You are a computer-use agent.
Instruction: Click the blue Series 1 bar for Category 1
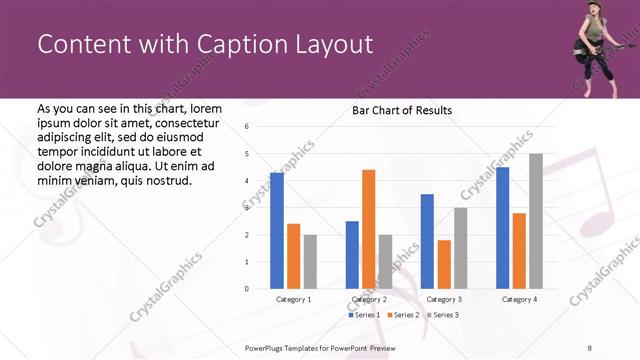(277, 231)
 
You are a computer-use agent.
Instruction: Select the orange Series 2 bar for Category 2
(368, 229)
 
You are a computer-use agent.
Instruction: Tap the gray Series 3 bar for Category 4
(536, 221)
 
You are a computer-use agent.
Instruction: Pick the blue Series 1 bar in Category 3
(427, 241)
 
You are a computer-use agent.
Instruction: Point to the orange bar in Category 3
(444, 264)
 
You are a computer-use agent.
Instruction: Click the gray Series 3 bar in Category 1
(310, 262)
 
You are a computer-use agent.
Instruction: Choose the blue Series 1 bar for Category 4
(503, 228)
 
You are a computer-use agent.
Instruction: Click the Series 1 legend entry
(364, 315)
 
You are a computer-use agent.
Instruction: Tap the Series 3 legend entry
(445, 315)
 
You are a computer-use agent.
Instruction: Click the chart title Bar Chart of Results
(401, 110)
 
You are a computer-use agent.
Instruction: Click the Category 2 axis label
(369, 299)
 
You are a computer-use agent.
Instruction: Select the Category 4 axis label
(519, 299)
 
